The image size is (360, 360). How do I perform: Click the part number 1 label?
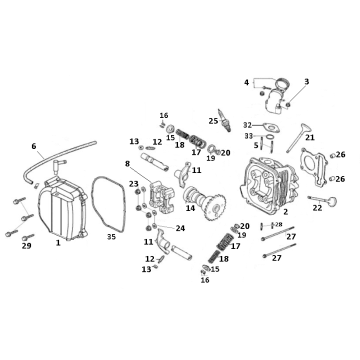point(58,242)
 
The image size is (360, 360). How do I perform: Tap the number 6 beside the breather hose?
point(33,146)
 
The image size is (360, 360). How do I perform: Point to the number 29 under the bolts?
point(27,245)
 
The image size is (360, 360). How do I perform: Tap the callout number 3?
point(306,81)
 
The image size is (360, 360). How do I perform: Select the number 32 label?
point(247,125)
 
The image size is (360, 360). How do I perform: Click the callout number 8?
point(127,163)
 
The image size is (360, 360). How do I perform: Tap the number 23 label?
point(134,184)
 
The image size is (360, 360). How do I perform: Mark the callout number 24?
point(180,228)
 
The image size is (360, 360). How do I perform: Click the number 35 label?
point(111,237)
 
